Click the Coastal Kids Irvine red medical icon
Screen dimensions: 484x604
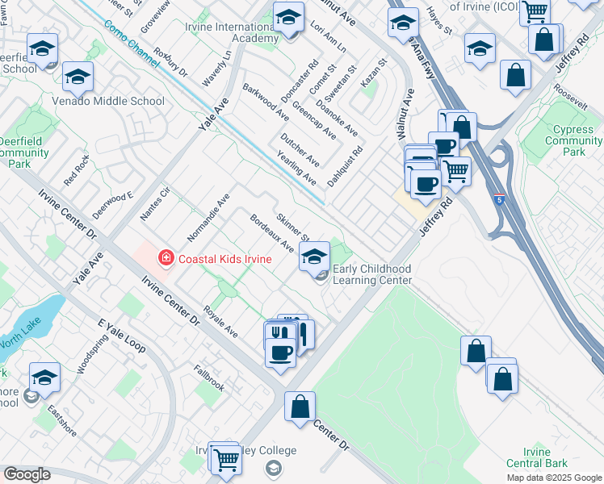pyautogui.click(x=166, y=259)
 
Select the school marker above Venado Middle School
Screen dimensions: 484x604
pyautogui.click(x=78, y=77)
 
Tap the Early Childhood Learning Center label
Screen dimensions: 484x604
pyautogui.click(x=372, y=275)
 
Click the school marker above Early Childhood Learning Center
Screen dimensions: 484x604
pyautogui.click(x=314, y=257)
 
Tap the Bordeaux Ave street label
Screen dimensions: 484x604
pyautogui.click(x=271, y=232)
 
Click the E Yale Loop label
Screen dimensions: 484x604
pyautogui.click(x=121, y=335)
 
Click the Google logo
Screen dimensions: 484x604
pyautogui.click(x=27, y=474)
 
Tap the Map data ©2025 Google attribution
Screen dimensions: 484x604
pyautogui.click(x=554, y=478)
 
